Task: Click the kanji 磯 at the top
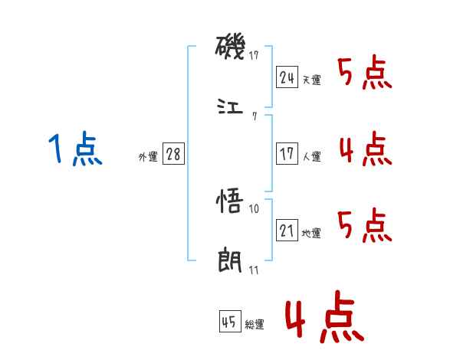tap(230, 50)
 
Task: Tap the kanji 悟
tap(230, 203)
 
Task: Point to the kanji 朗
tap(230, 260)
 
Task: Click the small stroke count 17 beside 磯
tap(254, 56)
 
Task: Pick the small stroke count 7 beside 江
tap(254, 116)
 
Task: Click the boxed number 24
tap(287, 77)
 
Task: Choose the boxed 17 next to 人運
tap(287, 153)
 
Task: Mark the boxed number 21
tap(287, 231)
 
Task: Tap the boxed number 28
tap(173, 154)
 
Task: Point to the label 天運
tap(311, 80)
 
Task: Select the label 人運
tap(311, 156)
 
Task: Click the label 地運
tap(311, 233)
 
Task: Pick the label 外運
tap(148, 156)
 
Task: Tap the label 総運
tap(255, 325)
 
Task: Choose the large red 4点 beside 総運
tap(323, 320)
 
